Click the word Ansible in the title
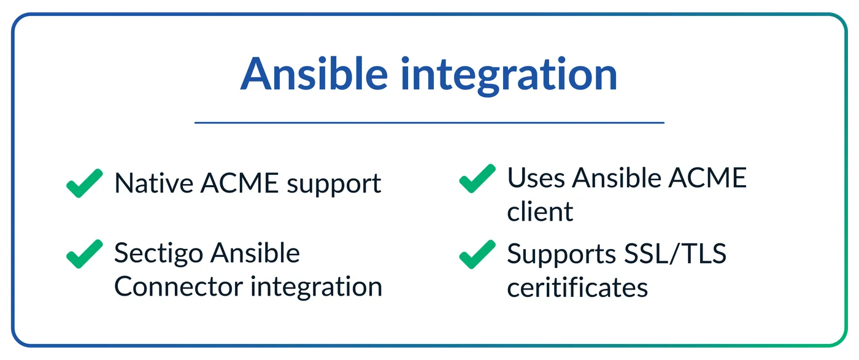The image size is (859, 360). pyautogui.click(x=314, y=74)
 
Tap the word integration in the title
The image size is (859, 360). pyautogui.click(x=509, y=75)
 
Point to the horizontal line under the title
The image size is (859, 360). pyautogui.click(x=429, y=123)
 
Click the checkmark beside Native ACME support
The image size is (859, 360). pyautogui.click(x=85, y=183)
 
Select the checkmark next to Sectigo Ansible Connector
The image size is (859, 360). pyautogui.click(x=85, y=254)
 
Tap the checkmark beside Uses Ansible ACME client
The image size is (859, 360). pyautogui.click(x=477, y=178)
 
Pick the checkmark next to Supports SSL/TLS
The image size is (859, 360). pyautogui.click(x=477, y=254)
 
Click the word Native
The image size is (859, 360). pyautogui.click(x=154, y=183)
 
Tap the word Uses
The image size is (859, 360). pyautogui.click(x=536, y=178)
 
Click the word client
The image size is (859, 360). pyautogui.click(x=540, y=211)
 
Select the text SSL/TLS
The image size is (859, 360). pyautogui.click(x=676, y=253)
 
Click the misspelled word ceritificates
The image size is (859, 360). pyautogui.click(x=577, y=287)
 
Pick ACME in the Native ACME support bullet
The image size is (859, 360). pyautogui.click(x=240, y=183)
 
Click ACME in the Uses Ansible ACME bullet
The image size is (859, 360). pyautogui.click(x=707, y=178)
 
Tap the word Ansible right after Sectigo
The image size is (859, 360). pyautogui.click(x=255, y=253)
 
